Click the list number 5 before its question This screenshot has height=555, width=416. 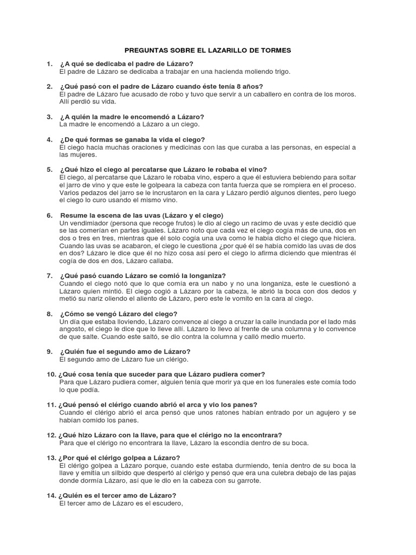point(49,170)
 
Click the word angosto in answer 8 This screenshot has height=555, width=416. point(73,329)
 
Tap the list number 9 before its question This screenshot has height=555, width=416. point(49,352)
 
